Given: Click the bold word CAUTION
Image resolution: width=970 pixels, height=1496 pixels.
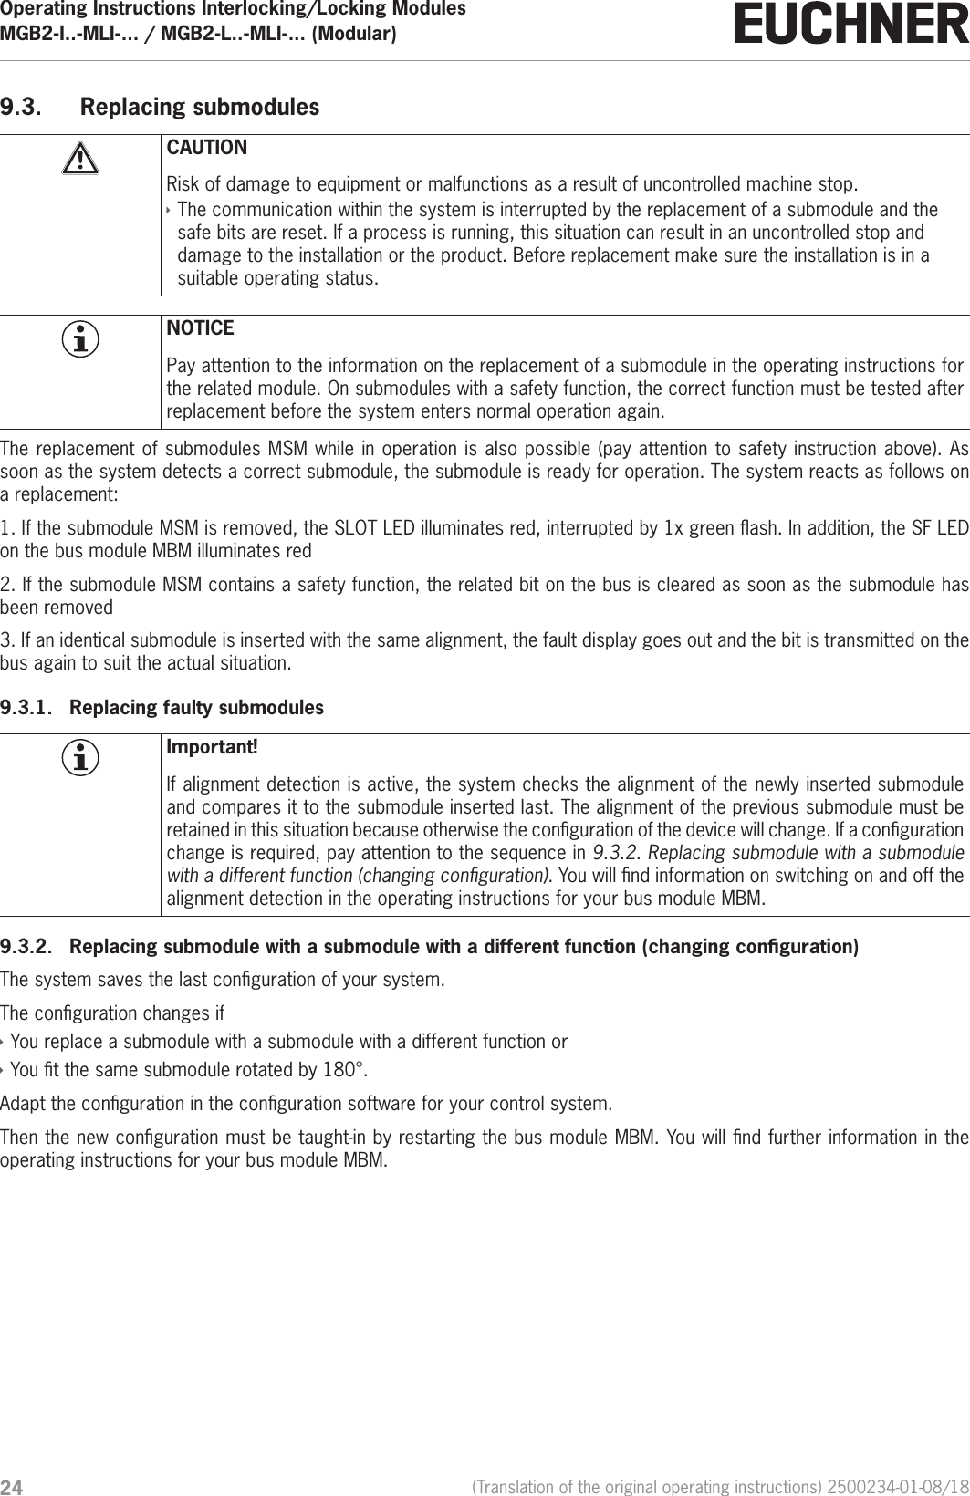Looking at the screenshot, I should [206, 148].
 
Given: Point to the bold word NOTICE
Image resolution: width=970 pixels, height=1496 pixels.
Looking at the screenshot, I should [200, 327].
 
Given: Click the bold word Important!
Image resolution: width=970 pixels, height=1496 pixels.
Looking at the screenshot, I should [212, 747].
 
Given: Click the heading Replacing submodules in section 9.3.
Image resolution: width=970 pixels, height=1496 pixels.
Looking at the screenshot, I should [200, 107].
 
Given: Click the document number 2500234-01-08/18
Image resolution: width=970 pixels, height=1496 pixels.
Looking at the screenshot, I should [893, 1487].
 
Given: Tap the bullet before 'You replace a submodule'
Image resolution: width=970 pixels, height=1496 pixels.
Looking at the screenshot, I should [4, 1042].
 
